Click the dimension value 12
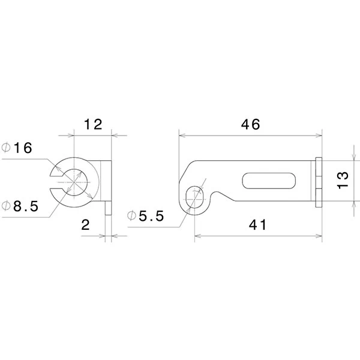93,124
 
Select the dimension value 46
250,124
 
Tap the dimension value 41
257,225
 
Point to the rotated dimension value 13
343,181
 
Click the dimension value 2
85,225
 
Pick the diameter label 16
23,148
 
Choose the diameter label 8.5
26,206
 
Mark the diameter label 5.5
152,216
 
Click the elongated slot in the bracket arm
269,181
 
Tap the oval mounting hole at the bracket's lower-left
194,197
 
